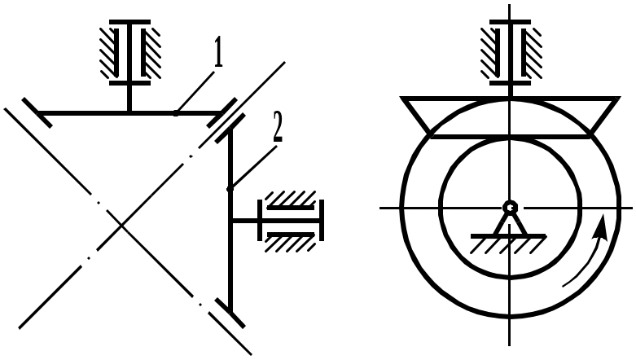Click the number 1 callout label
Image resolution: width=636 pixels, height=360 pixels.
pos(218,54)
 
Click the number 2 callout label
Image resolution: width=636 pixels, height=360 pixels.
pos(277,126)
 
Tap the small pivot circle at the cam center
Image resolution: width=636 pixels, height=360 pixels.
pos(509,208)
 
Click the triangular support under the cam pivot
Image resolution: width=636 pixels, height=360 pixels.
pos(510,223)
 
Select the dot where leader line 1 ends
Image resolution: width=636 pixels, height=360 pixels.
pos(176,114)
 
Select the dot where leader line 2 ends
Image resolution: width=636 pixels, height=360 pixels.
pos(230,189)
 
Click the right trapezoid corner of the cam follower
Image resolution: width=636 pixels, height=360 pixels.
pos(619,98)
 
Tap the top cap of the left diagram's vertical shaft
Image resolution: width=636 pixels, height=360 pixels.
pos(129,22)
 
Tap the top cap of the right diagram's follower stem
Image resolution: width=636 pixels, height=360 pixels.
pos(510,22)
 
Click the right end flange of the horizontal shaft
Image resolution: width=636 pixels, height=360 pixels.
pos(322,220)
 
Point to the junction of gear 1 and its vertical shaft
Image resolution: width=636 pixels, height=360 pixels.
pos(129,113)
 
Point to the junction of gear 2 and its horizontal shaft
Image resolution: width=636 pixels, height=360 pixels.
pos(230,221)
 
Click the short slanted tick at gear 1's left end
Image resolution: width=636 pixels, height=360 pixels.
pos(37,113)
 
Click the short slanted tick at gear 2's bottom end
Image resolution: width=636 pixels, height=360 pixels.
pos(230,313)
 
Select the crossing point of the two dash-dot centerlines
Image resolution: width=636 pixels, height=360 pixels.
pos(121,226)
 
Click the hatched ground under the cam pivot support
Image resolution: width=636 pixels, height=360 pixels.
pos(508,244)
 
